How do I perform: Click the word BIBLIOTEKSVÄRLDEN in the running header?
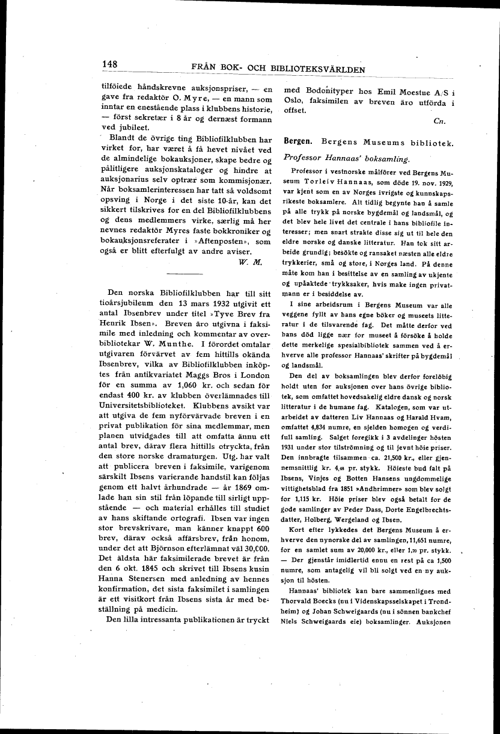[x=310, y=69]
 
